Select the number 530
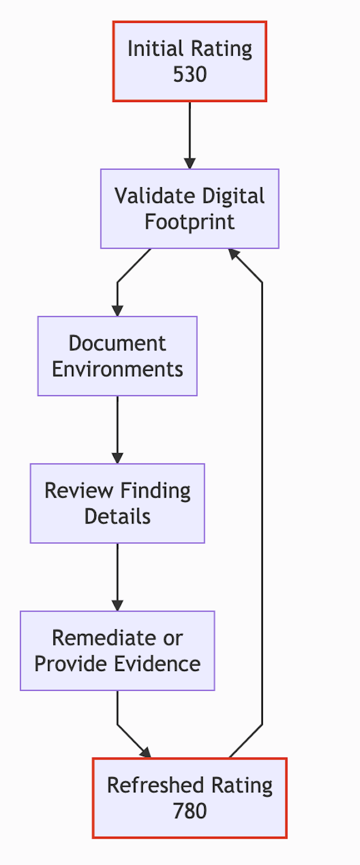point(190,74)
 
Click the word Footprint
point(190,222)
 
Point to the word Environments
point(118,369)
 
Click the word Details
point(118,516)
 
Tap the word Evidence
point(162,664)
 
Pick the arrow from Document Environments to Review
point(118,429)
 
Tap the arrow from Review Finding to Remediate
point(118,576)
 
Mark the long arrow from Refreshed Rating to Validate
point(262,504)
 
